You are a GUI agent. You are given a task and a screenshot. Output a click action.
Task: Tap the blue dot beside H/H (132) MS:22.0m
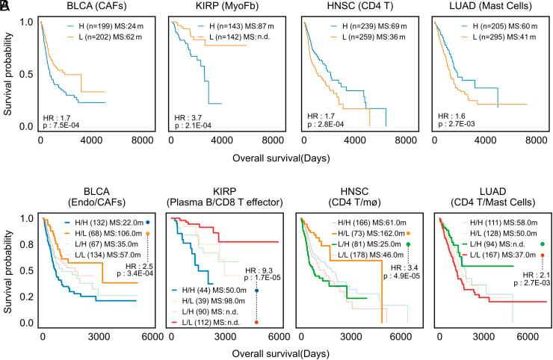(148, 222)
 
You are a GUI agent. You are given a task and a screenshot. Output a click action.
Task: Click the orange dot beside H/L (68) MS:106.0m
(148, 233)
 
